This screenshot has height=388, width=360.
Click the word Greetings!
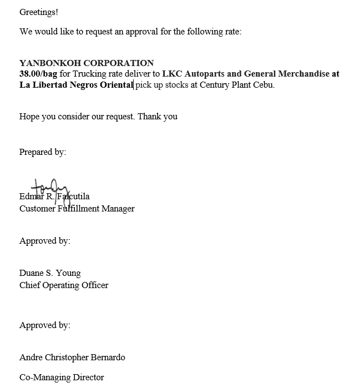point(39,12)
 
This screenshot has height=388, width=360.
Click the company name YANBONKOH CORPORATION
point(87,63)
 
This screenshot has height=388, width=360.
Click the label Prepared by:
point(43,152)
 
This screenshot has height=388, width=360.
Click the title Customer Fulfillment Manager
point(77,209)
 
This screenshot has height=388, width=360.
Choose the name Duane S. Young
point(50,273)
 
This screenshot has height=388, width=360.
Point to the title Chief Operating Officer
point(64,285)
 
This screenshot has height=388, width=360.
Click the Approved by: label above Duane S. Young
point(45,241)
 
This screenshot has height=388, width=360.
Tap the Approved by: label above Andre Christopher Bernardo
point(45,325)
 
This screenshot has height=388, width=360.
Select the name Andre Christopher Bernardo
point(72,357)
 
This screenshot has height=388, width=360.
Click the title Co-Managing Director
point(62,377)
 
